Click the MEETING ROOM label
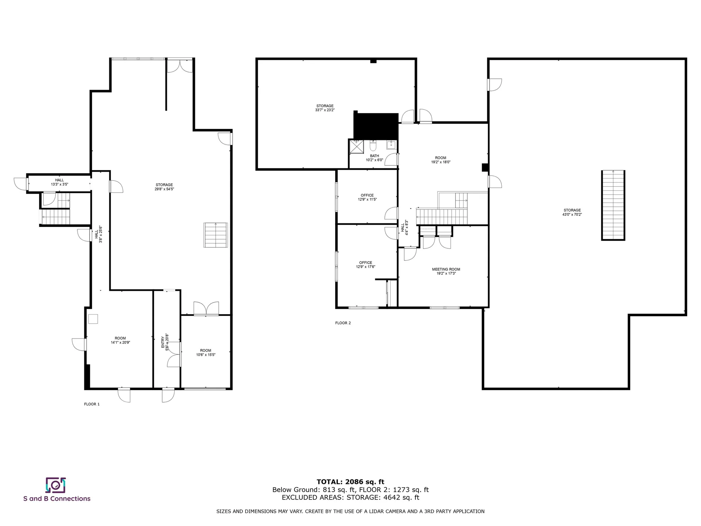[446, 269]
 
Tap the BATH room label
[374, 156]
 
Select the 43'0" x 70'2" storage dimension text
[572, 214]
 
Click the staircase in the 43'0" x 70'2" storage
[613, 205]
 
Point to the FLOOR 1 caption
[92, 404]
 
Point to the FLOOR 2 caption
[343, 323]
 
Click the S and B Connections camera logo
[55, 485]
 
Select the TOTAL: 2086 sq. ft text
[350, 482]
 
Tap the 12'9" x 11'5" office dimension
[367, 199]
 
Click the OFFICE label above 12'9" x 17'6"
[365, 263]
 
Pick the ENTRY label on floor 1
[163, 342]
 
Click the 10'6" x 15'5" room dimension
[206, 355]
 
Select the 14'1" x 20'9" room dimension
[120, 343]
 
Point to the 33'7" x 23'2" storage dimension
[325, 110]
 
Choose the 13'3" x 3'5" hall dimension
[59, 184]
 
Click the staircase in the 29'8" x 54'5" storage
[215, 235]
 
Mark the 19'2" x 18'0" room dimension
[441, 162]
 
